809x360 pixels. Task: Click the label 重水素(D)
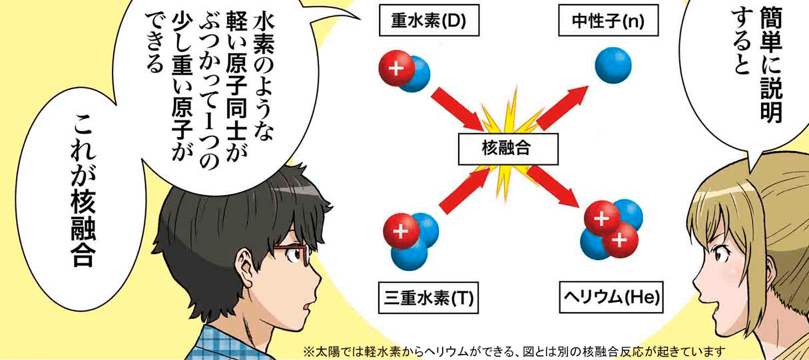tap(429, 20)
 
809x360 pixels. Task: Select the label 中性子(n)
tap(608, 20)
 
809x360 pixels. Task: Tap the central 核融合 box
tap(508, 149)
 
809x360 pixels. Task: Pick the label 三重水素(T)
tap(428, 297)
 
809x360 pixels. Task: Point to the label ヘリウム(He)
tap(611, 297)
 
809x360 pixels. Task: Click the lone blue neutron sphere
tap(613, 65)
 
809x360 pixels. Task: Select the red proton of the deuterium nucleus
tap(397, 69)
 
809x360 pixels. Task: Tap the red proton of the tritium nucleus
tap(402, 231)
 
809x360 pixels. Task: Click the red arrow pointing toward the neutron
tap(562, 108)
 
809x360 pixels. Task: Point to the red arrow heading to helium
tap(553, 186)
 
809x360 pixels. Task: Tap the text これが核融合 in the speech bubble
tap(83, 191)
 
